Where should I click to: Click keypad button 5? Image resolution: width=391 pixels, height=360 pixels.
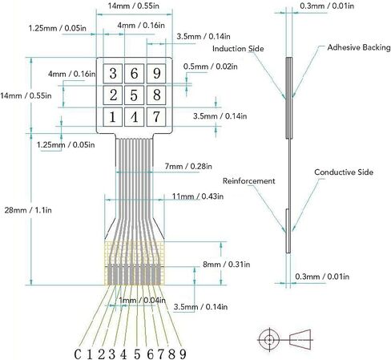point(134,95)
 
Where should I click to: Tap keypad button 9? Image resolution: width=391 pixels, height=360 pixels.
point(156,73)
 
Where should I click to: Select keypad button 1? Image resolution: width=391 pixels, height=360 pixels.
point(113,117)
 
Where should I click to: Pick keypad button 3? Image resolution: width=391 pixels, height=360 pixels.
point(113,73)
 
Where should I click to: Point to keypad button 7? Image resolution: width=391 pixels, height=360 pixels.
point(156,117)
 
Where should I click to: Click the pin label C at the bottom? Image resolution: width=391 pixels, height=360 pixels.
point(78,354)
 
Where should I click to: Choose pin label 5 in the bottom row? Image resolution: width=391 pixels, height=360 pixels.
point(137,354)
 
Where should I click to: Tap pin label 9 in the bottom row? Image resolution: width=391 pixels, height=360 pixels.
point(183,354)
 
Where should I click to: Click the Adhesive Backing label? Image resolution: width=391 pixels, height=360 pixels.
point(359,47)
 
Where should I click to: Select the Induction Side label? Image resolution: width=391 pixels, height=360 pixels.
point(238,49)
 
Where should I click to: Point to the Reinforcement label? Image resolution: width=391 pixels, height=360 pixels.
point(248,181)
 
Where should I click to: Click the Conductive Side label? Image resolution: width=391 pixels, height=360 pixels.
point(344,172)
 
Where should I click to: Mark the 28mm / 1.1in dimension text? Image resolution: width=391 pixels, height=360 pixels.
point(28,210)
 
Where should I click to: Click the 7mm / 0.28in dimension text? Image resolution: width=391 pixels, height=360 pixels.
point(188,167)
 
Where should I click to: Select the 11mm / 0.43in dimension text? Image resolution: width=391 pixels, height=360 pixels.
point(198,196)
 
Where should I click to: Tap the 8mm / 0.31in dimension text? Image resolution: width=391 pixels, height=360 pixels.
point(227,265)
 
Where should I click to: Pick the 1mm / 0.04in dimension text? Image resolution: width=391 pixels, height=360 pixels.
point(142,301)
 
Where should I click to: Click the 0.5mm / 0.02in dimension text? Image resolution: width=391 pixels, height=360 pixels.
point(211,67)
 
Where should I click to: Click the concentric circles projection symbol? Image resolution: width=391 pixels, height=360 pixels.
point(269,340)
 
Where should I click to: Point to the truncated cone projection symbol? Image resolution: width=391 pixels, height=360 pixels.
point(300,340)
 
